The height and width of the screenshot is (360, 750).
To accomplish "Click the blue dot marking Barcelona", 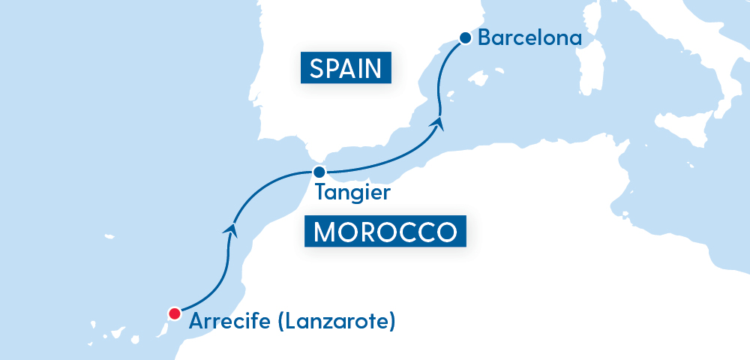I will coord(465,37).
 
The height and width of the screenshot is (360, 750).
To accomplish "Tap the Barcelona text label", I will coord(529,37).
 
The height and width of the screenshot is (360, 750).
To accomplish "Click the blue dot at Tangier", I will coord(318,172).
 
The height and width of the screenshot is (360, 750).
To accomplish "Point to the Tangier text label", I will coord(352,193).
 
